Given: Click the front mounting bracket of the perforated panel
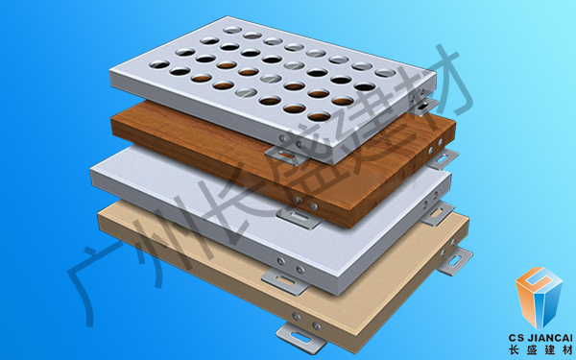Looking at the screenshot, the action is click(286, 156).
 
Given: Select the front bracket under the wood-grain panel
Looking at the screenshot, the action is click(299, 218).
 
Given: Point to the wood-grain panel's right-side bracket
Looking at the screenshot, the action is click(443, 158).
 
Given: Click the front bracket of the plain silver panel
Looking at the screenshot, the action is click(285, 282).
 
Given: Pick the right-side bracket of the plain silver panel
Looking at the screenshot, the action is click(438, 214).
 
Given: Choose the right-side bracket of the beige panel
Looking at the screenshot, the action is click(455, 260).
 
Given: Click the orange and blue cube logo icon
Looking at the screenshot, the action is click(539, 298).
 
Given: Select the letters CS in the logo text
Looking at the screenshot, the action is click(516, 338).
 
